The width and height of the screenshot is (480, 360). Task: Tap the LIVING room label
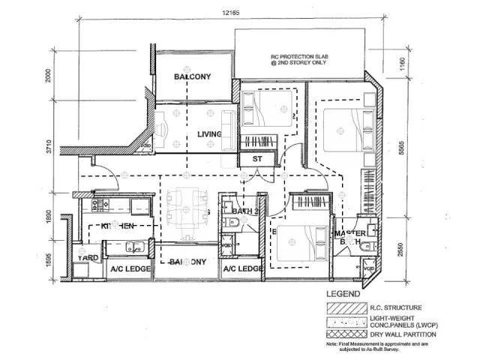click(x=209, y=134)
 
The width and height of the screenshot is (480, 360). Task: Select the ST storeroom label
click(x=256, y=159)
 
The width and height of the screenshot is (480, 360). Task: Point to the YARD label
click(x=89, y=258)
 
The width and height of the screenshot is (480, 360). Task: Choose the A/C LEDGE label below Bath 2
click(x=241, y=268)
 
